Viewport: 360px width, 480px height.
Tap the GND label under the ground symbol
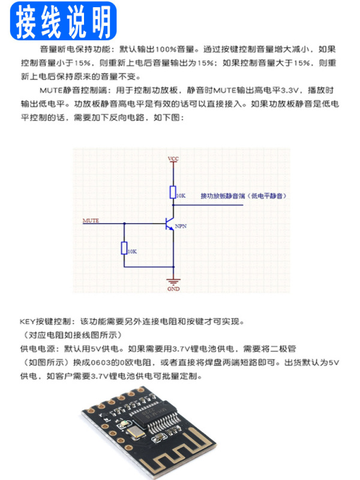point(173,289)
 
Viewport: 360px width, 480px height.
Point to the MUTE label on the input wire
point(91,220)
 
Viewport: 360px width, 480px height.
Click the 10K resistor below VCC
point(173,193)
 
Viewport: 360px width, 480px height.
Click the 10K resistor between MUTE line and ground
point(124,248)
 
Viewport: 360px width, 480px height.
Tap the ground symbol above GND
point(173,281)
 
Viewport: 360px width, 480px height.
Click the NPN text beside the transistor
point(181,227)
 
